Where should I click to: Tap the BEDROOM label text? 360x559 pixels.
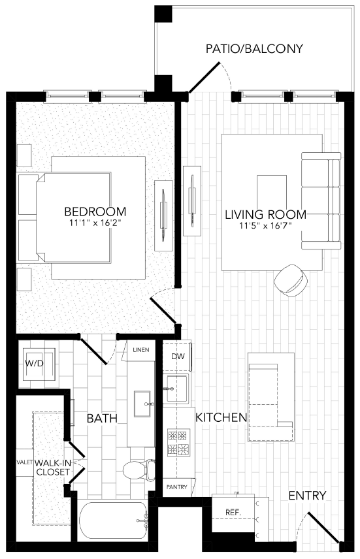(95, 212)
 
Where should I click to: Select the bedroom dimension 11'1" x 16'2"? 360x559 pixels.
(95, 223)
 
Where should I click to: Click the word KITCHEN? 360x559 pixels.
(221, 417)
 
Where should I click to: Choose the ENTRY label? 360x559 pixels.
(306, 496)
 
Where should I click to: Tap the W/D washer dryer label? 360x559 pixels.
(34, 363)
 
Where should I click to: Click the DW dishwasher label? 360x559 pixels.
(177, 357)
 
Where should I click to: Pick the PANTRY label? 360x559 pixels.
(176, 487)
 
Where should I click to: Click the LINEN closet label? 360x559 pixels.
(141, 350)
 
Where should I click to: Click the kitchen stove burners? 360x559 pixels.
(178, 443)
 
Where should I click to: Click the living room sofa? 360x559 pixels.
(321, 201)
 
